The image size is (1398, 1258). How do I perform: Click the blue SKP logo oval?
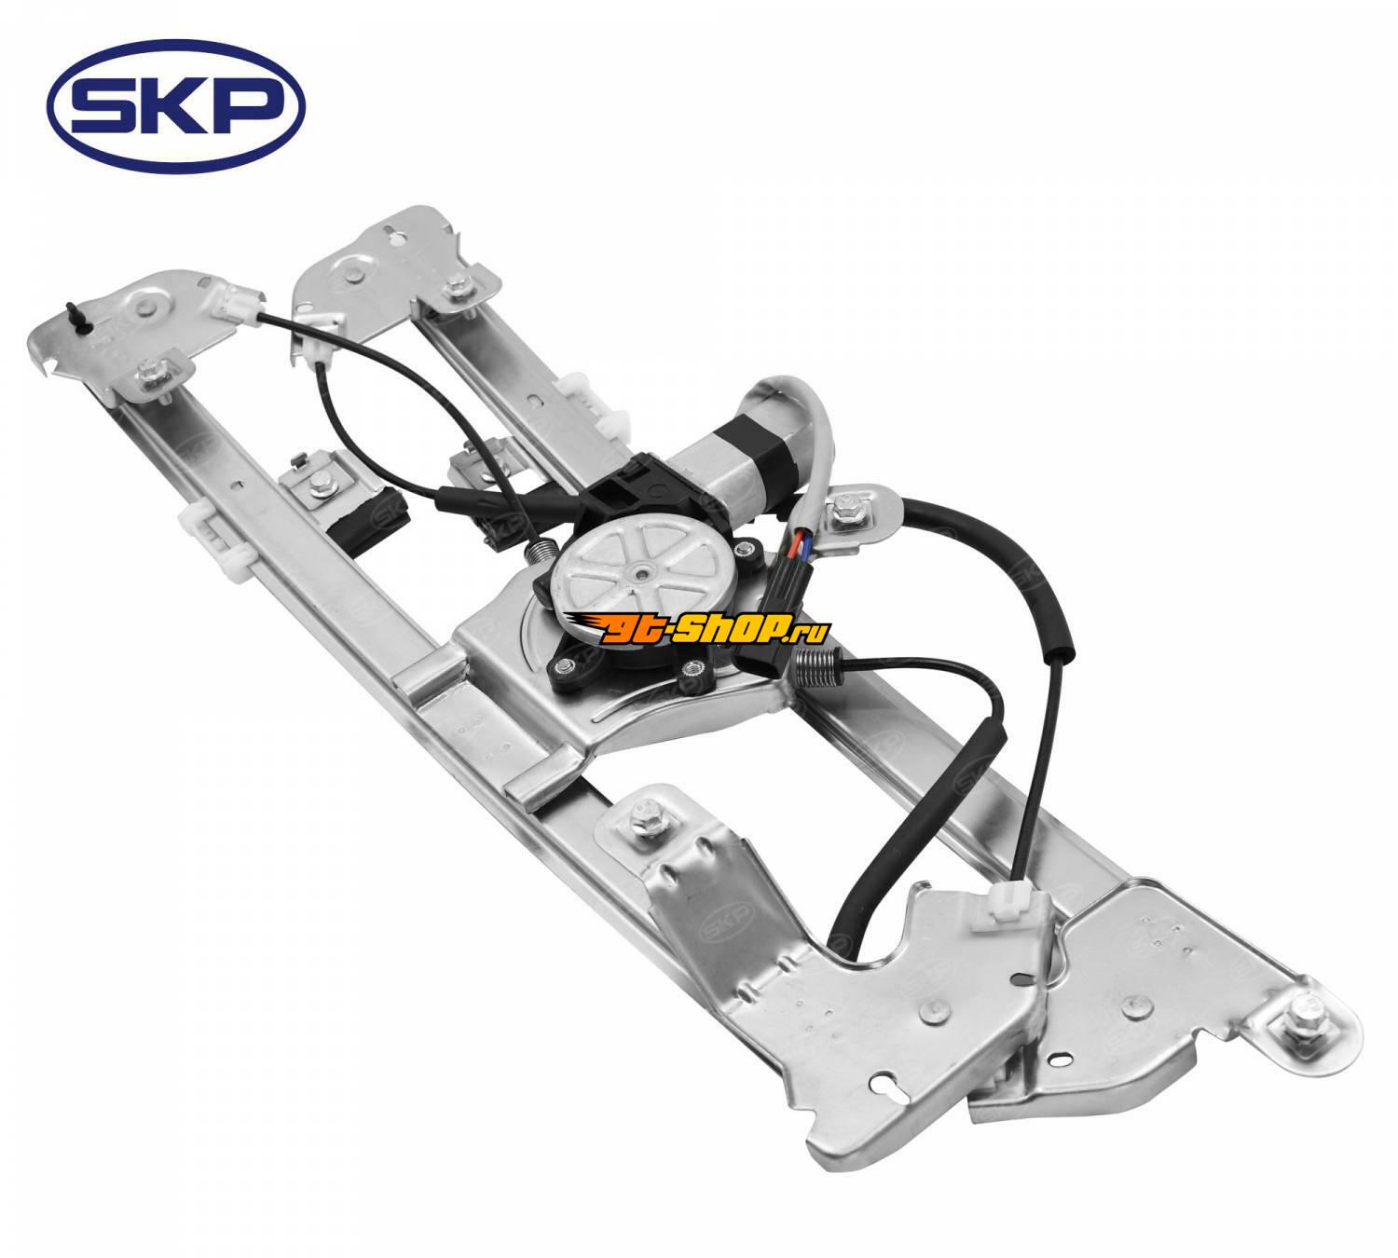pos(175,106)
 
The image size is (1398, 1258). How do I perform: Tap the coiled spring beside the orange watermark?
pos(820,665)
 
